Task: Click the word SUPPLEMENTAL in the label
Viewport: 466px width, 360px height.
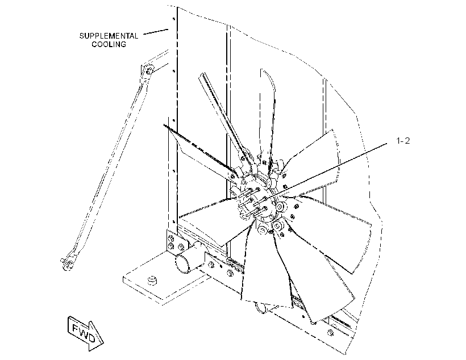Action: pos(109,36)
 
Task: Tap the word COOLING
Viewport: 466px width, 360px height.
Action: pos(109,44)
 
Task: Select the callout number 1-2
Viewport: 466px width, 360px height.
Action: pos(403,141)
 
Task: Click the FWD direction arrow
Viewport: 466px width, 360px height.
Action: pos(86,333)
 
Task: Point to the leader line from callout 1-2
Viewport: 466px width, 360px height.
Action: pos(326,171)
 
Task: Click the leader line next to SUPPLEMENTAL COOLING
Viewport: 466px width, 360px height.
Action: pos(156,31)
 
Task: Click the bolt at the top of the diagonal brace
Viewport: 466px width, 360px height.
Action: pos(149,71)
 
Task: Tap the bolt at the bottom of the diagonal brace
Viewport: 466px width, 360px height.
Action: pos(69,263)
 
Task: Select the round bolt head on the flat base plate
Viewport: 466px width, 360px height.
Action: pos(152,279)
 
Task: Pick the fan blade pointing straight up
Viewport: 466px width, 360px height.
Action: pos(267,116)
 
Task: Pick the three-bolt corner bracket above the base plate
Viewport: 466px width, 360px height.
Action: pos(176,242)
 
